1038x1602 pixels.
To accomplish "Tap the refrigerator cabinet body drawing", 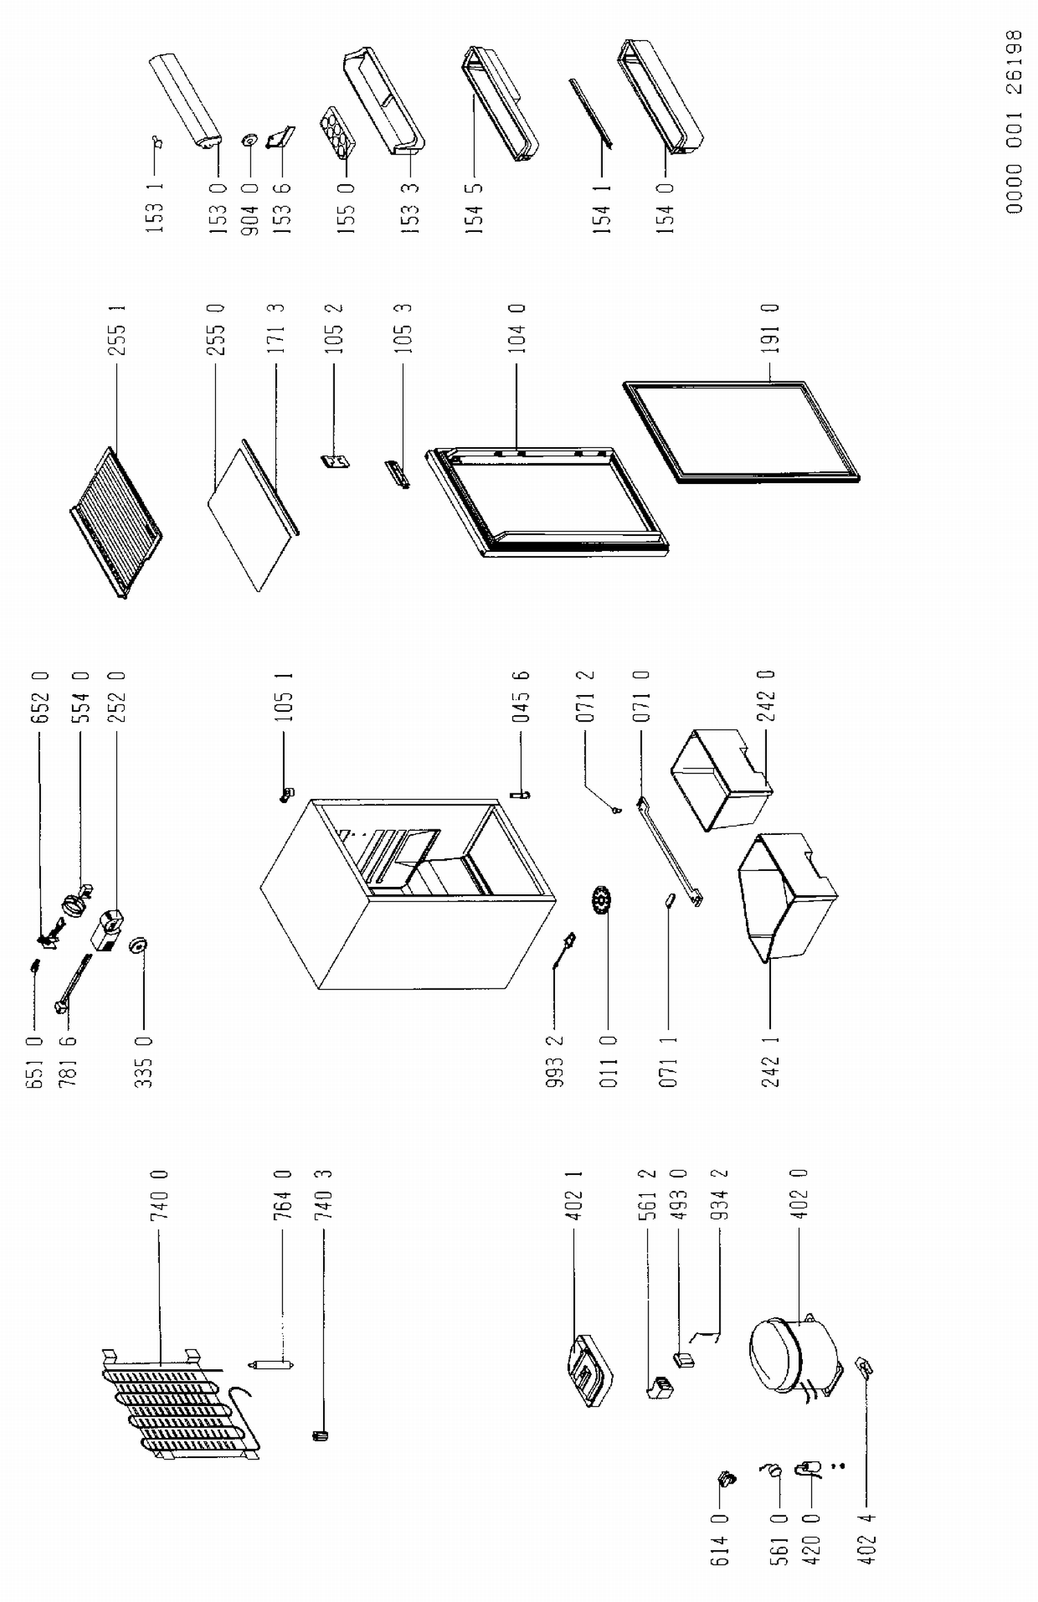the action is (x=408, y=893).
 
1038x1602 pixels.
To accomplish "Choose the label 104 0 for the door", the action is (x=517, y=328).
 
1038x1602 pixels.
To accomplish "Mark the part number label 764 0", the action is (x=282, y=1195).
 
